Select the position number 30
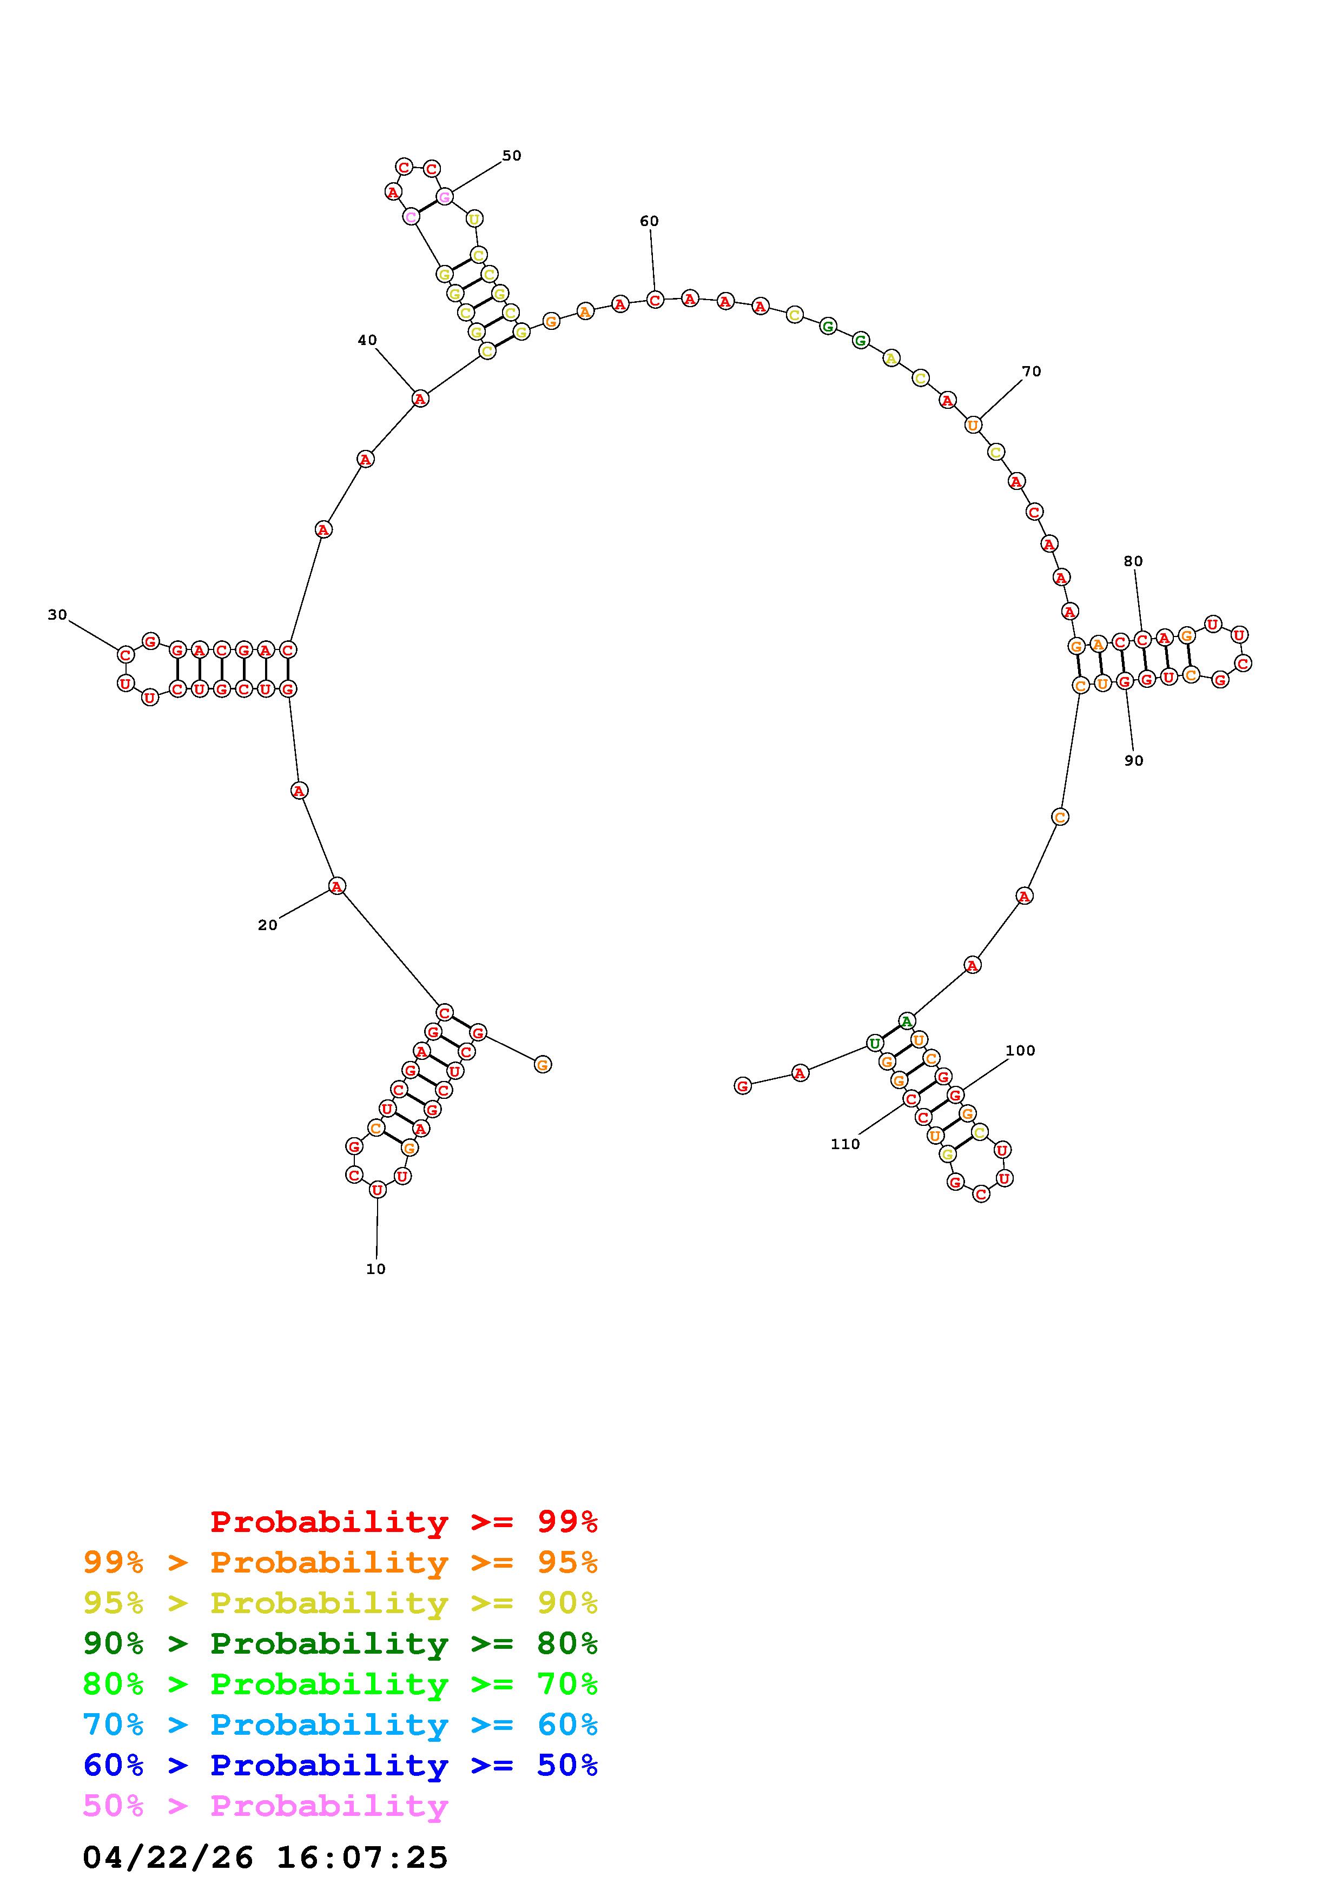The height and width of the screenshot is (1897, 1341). click(57, 615)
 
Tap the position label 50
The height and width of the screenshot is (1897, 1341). click(511, 155)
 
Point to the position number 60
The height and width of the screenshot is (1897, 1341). click(650, 221)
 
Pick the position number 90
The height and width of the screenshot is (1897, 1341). click(1134, 760)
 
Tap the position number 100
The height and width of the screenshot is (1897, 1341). click(1020, 1050)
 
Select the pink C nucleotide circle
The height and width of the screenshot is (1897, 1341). click(411, 216)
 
